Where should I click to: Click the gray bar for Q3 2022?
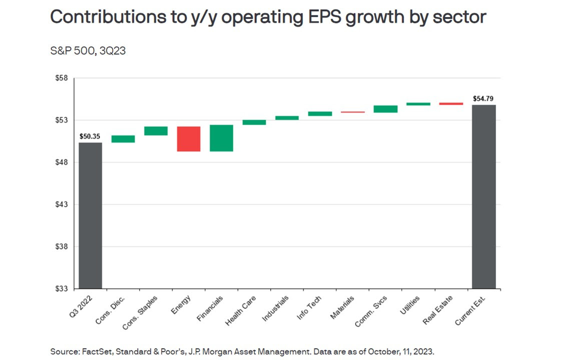(x=90, y=215)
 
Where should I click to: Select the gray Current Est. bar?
(x=484, y=196)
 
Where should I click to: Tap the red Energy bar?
(x=189, y=138)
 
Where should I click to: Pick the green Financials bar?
(x=221, y=138)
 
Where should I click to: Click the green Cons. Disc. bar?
(x=123, y=139)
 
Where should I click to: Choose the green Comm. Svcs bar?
(x=386, y=109)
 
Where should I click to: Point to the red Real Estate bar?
(x=451, y=103)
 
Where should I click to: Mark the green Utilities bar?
(x=418, y=104)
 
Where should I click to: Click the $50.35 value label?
(x=90, y=135)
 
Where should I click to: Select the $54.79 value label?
(x=484, y=98)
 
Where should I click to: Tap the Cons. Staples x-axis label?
(x=141, y=313)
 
